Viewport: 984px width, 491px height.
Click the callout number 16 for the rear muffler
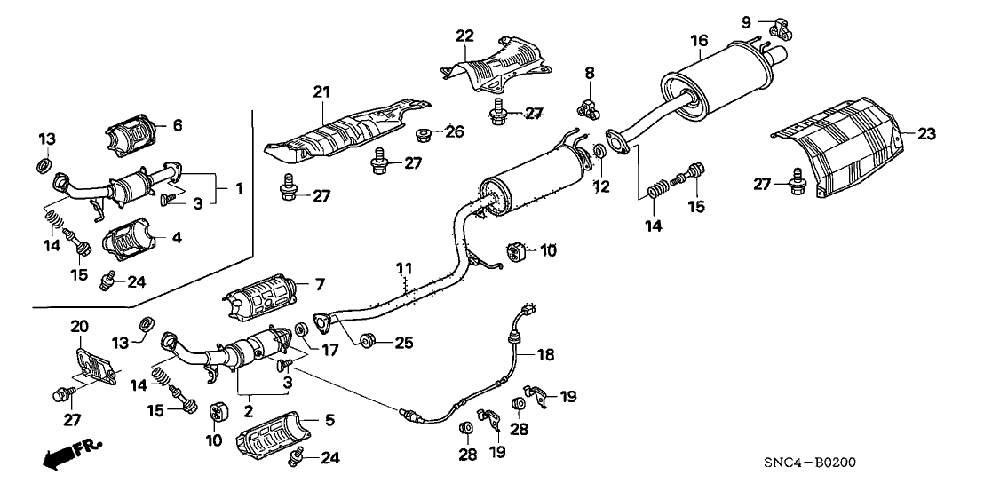point(699,40)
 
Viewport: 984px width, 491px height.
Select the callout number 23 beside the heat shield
point(926,135)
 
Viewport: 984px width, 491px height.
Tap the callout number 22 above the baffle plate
point(464,36)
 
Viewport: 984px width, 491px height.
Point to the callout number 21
point(321,91)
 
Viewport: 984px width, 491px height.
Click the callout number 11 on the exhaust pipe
point(404,267)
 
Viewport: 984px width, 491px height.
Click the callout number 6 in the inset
point(177,125)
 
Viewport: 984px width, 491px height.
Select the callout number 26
point(455,133)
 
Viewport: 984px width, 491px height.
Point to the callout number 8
point(590,71)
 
